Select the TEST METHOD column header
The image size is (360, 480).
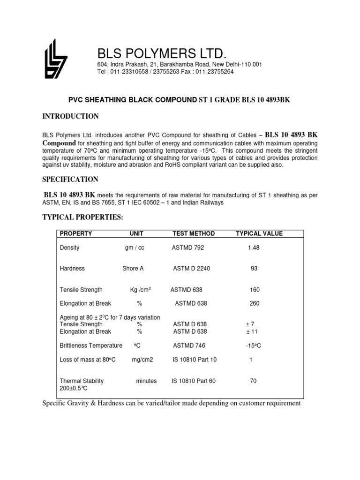point(194,233)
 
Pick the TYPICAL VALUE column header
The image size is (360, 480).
point(259,233)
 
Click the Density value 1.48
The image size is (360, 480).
point(254,247)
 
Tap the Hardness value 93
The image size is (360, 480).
point(254,269)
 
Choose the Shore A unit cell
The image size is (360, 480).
point(133,269)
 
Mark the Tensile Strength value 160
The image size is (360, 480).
point(255,290)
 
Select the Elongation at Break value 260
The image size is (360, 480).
point(255,303)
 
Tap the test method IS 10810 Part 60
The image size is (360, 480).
point(194,381)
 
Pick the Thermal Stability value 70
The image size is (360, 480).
point(253,381)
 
